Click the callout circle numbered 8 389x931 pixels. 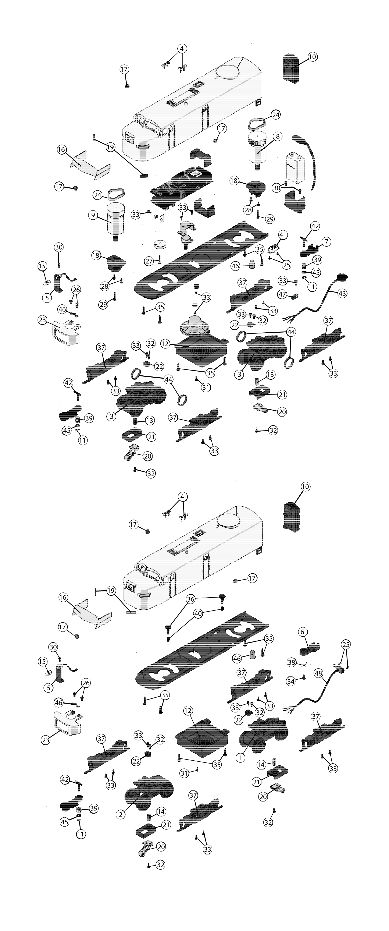[x=277, y=136]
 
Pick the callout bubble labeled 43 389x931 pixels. [x=342, y=293]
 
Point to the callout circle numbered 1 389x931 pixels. [x=240, y=758]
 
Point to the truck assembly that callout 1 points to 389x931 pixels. [x=263, y=734]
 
